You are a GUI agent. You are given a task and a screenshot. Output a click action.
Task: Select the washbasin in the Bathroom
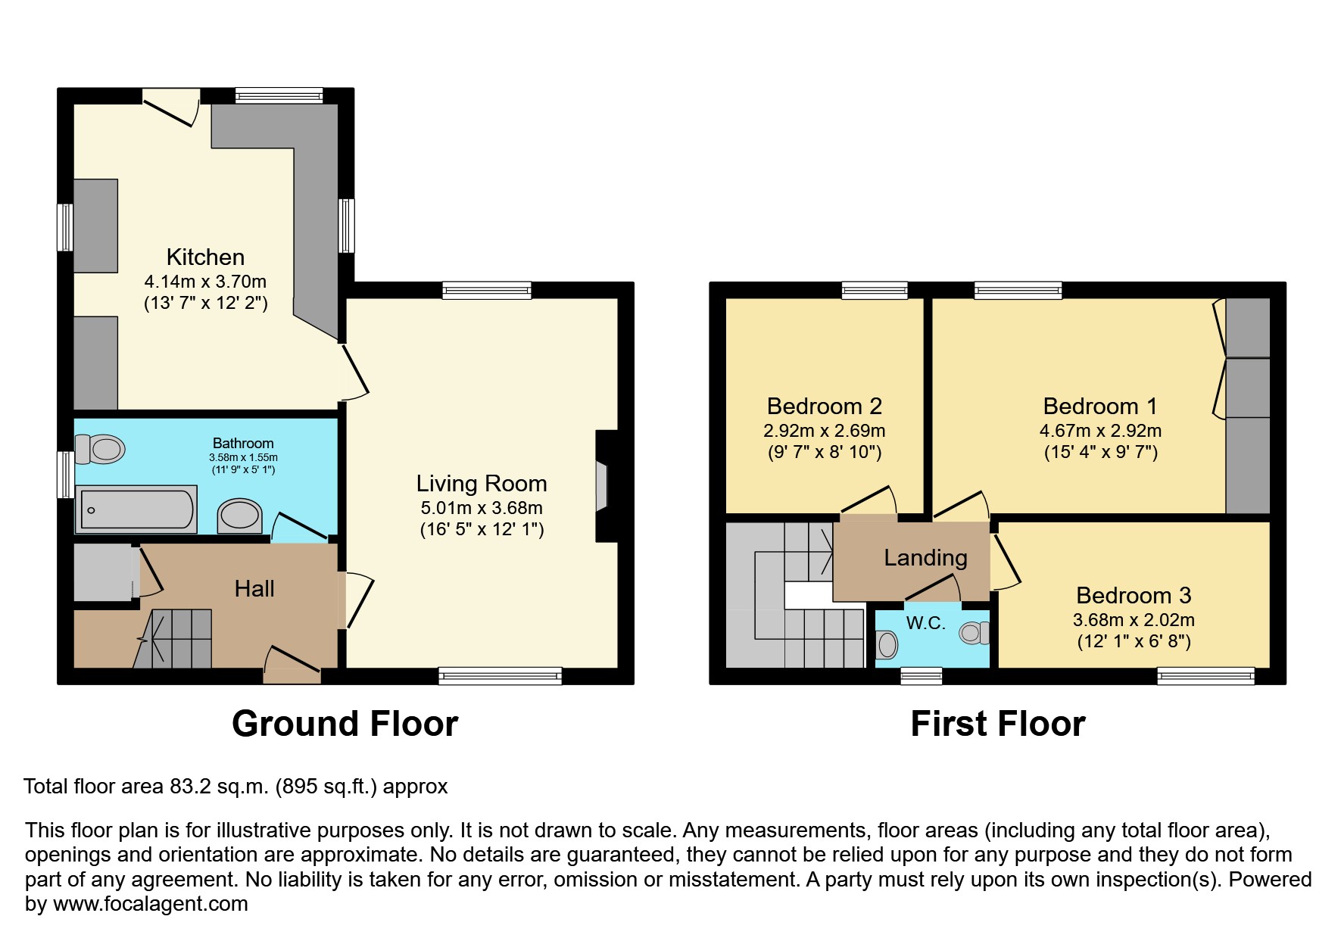click(x=239, y=516)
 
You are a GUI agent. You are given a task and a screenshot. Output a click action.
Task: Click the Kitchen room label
click(x=205, y=257)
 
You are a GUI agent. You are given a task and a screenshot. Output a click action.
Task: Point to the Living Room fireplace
click(x=602, y=486)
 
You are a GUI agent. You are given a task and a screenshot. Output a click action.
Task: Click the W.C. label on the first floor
click(x=925, y=623)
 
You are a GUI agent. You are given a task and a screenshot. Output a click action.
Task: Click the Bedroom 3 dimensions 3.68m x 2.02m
click(x=1134, y=620)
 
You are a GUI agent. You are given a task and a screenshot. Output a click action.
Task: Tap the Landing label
click(x=925, y=558)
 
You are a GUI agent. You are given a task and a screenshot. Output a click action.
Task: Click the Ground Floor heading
click(x=345, y=724)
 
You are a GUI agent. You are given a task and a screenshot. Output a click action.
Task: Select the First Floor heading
click(x=997, y=724)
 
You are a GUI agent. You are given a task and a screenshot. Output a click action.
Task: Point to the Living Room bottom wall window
click(x=500, y=675)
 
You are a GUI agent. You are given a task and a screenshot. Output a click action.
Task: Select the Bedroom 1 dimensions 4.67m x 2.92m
click(x=1099, y=431)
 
